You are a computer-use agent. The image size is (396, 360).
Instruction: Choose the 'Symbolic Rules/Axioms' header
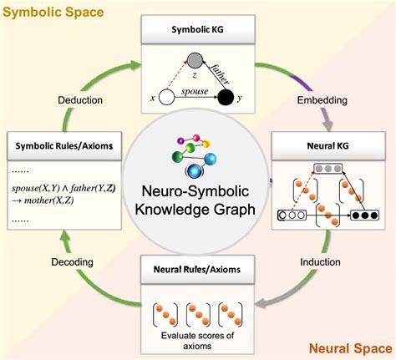tap(63, 145)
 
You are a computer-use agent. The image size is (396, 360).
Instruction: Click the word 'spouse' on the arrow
tap(195, 90)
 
